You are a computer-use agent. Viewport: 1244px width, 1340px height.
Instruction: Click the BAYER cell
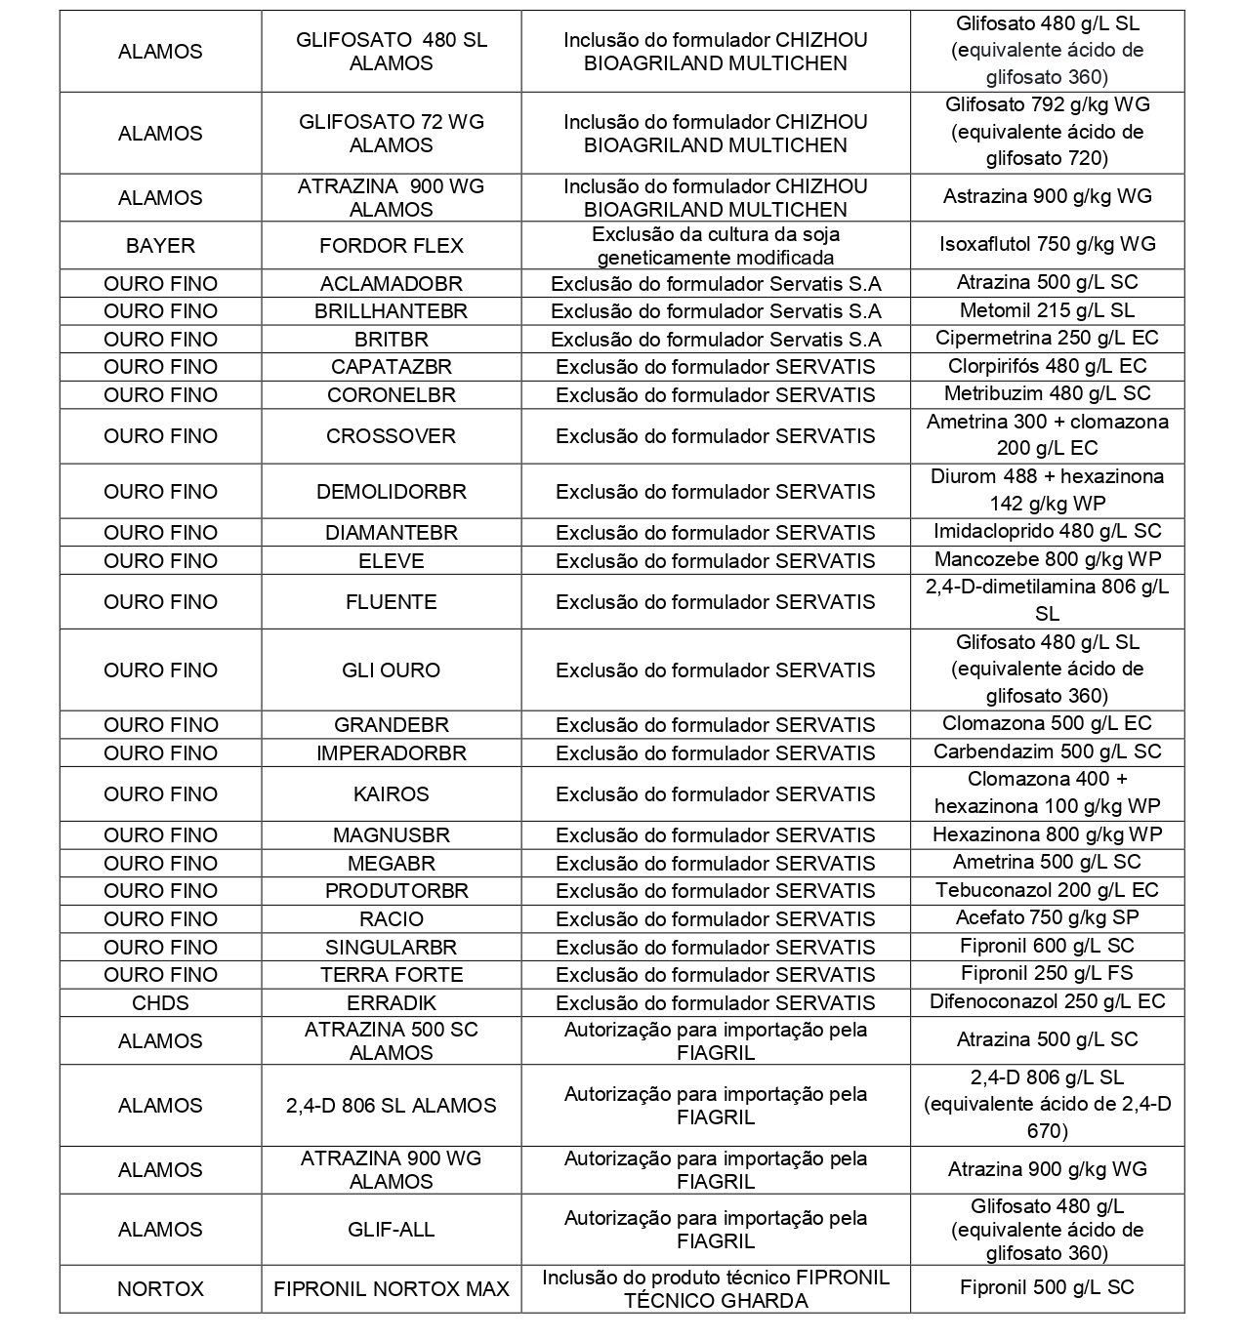pos(160,245)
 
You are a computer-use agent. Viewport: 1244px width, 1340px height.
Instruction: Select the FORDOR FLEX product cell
pos(391,245)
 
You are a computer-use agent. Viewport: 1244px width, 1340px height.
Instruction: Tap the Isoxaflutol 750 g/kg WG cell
pos(1047,244)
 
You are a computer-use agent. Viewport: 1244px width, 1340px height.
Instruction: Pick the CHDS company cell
pos(160,1002)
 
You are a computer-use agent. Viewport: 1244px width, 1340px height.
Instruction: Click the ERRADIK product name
pos(391,1002)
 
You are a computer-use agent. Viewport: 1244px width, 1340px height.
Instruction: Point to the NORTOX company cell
pos(160,1288)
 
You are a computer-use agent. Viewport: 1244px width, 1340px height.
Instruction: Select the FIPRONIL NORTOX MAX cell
pos(391,1288)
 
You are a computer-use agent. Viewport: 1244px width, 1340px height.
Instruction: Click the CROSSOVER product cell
pos(391,435)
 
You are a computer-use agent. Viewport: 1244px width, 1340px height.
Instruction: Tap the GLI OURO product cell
pos(391,670)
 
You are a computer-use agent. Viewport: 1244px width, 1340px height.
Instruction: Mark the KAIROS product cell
pos(391,793)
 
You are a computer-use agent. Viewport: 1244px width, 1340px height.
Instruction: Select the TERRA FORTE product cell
pos(391,974)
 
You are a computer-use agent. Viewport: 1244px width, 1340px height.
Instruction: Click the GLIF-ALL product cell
pos(391,1229)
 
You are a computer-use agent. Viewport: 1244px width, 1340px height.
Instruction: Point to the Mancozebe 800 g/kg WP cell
pos(1047,559)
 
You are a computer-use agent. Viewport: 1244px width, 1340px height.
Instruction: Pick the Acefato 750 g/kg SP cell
pos(1047,917)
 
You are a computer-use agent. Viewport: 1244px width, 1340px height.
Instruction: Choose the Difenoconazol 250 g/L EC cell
pos(1047,1001)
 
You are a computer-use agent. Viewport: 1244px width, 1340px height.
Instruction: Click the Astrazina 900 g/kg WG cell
pos(1047,196)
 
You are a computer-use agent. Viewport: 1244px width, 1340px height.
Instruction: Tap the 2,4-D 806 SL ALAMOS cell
pos(391,1105)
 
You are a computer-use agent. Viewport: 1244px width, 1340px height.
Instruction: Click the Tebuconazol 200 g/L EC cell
pos(1047,889)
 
